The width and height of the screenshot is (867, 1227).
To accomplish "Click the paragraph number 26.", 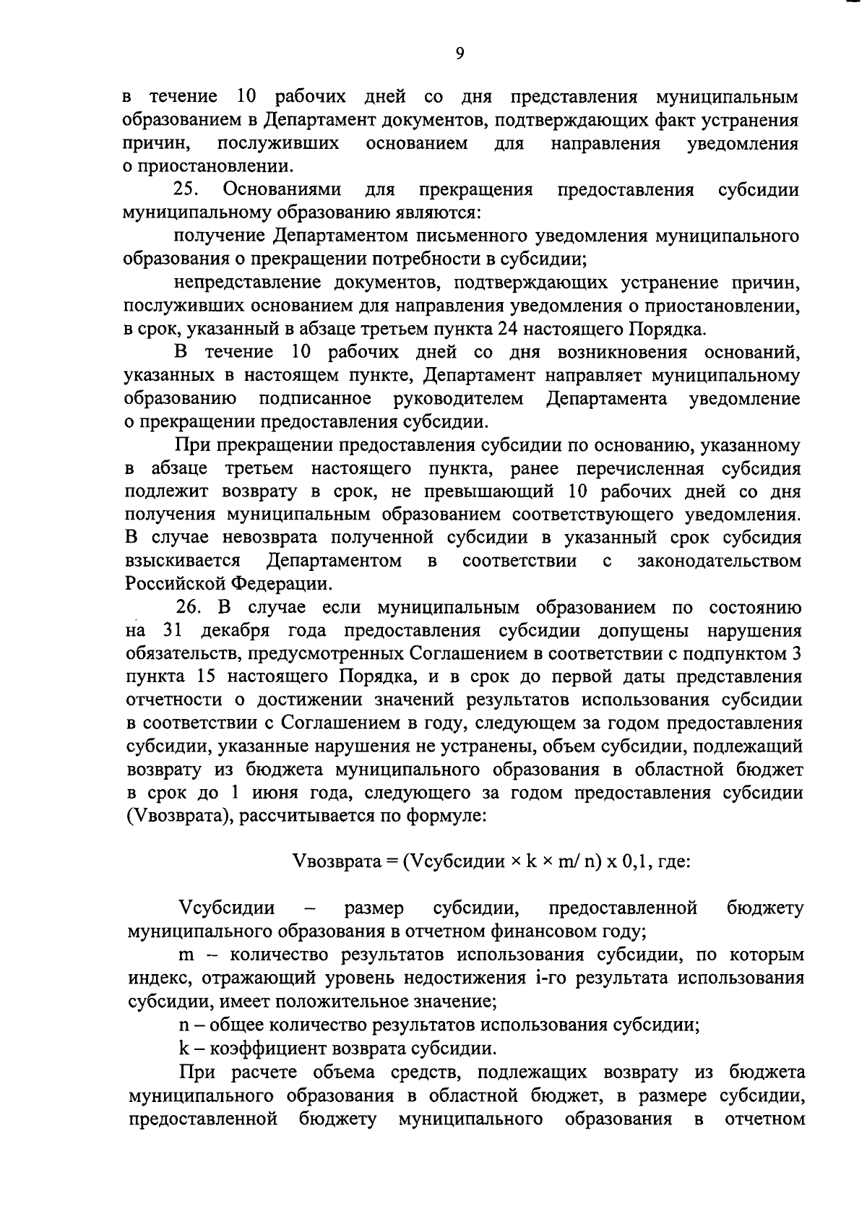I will click(191, 607).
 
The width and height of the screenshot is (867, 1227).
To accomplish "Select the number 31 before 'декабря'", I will click(173, 630).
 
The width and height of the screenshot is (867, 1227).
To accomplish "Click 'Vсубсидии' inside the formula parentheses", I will click(457, 862).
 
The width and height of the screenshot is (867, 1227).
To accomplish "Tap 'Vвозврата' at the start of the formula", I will click(335, 862).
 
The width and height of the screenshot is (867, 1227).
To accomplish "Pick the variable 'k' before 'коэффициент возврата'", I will click(184, 1048).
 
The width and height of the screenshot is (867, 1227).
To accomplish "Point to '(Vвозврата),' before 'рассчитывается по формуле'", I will click(179, 816).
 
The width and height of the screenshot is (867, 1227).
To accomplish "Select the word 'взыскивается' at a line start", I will click(181, 561).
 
